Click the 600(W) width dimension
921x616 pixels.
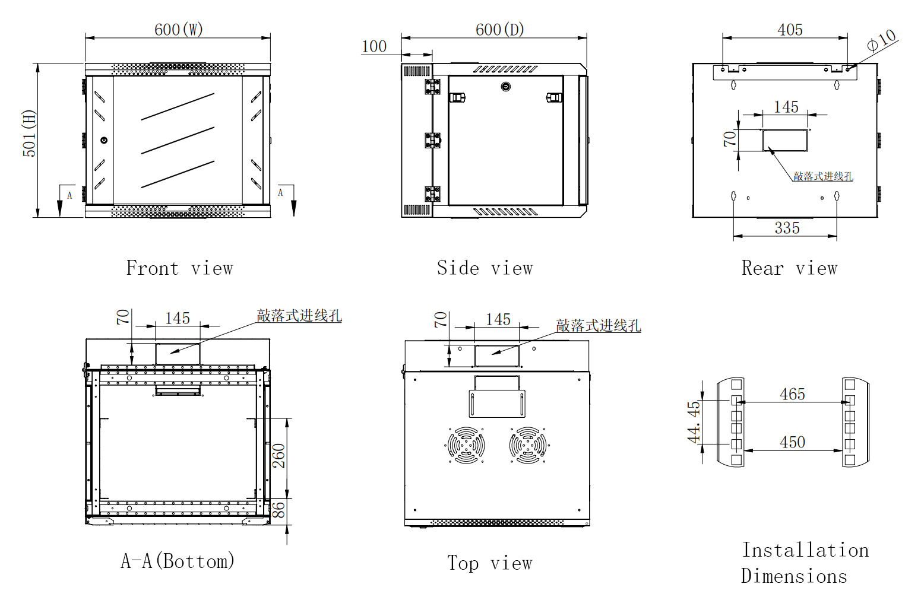point(178,30)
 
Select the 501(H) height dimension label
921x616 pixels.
point(29,134)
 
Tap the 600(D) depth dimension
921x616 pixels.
point(499,30)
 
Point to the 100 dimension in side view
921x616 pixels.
point(374,46)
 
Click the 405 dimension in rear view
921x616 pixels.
point(790,30)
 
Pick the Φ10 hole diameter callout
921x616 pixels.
point(881,40)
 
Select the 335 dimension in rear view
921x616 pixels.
point(787,228)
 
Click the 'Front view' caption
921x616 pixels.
point(179,268)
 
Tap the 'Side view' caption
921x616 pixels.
point(485,268)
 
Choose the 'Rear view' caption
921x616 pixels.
point(789,268)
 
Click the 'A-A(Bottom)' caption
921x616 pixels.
point(178,561)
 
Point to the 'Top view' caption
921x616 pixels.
point(489,563)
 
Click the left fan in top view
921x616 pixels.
point(466,444)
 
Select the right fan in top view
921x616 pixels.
point(528,444)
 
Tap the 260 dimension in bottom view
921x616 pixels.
point(278,456)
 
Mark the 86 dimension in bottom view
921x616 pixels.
point(278,510)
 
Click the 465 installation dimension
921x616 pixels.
point(792,394)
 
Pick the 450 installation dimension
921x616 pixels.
point(792,442)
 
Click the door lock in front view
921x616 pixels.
point(104,141)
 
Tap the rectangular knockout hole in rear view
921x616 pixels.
point(785,140)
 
